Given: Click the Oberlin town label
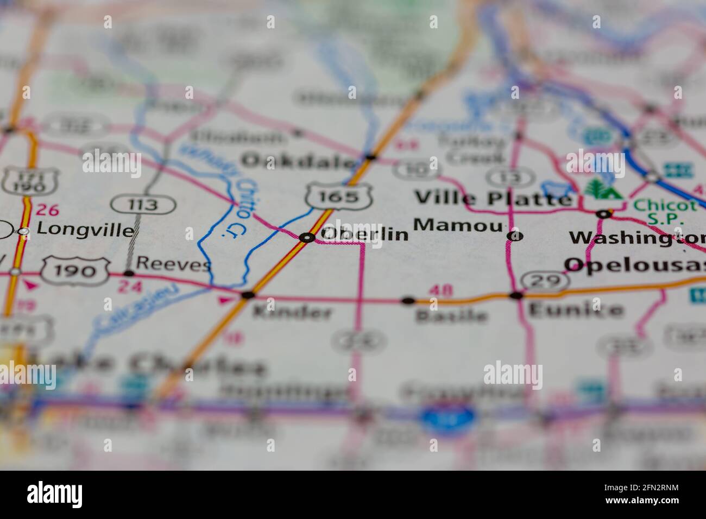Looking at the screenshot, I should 364,234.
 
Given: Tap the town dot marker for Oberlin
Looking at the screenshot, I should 307,237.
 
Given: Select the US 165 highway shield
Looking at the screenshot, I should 339,195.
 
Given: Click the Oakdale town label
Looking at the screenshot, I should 300,161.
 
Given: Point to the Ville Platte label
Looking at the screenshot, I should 493,198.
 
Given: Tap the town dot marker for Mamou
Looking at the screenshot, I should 515,236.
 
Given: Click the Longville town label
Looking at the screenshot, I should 85,230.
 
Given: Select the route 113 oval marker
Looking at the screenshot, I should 143,205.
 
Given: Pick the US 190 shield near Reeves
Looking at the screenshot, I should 76,270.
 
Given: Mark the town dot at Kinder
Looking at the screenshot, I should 248,295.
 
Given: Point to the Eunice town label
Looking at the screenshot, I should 576,310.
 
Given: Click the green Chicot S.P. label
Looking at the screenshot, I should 665,212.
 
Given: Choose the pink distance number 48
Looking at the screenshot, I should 440,290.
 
